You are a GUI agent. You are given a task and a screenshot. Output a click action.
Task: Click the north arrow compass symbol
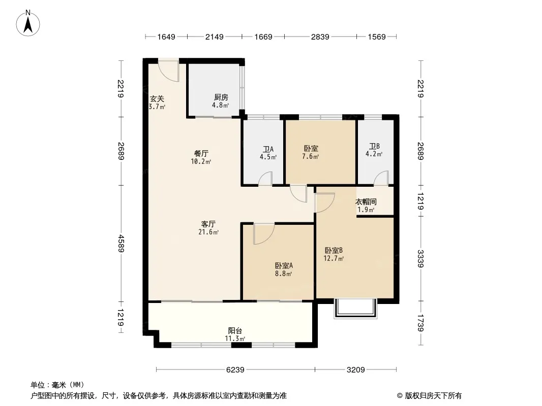[28, 23]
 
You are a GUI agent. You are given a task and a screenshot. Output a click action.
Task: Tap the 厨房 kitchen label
[221, 97]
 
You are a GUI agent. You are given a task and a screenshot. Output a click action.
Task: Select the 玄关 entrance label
[157, 99]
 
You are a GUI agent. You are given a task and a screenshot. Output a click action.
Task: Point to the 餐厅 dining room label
[201, 153]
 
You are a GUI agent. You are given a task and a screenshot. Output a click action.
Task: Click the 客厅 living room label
[208, 224]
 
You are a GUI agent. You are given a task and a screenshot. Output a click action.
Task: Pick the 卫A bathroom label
[268, 149]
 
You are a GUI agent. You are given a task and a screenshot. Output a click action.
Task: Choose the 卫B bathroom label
[374, 147]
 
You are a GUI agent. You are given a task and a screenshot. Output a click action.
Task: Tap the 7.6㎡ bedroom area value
[311, 157]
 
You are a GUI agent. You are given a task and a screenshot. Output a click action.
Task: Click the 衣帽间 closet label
[366, 202]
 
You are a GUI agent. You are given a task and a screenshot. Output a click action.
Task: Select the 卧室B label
[334, 250]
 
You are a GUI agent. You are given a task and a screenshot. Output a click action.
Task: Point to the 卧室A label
[284, 265]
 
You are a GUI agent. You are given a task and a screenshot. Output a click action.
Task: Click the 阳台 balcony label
[235, 330]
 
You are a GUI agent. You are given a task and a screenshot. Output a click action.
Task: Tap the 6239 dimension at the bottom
[235, 370]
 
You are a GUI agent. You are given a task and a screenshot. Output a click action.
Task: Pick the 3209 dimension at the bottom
[356, 370]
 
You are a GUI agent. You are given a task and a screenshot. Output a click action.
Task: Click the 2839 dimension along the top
[320, 37]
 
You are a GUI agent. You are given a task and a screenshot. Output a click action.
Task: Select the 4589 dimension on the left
[121, 244]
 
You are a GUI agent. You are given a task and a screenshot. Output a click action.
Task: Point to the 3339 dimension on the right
[420, 259]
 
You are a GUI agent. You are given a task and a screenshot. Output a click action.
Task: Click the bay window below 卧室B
[355, 309]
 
